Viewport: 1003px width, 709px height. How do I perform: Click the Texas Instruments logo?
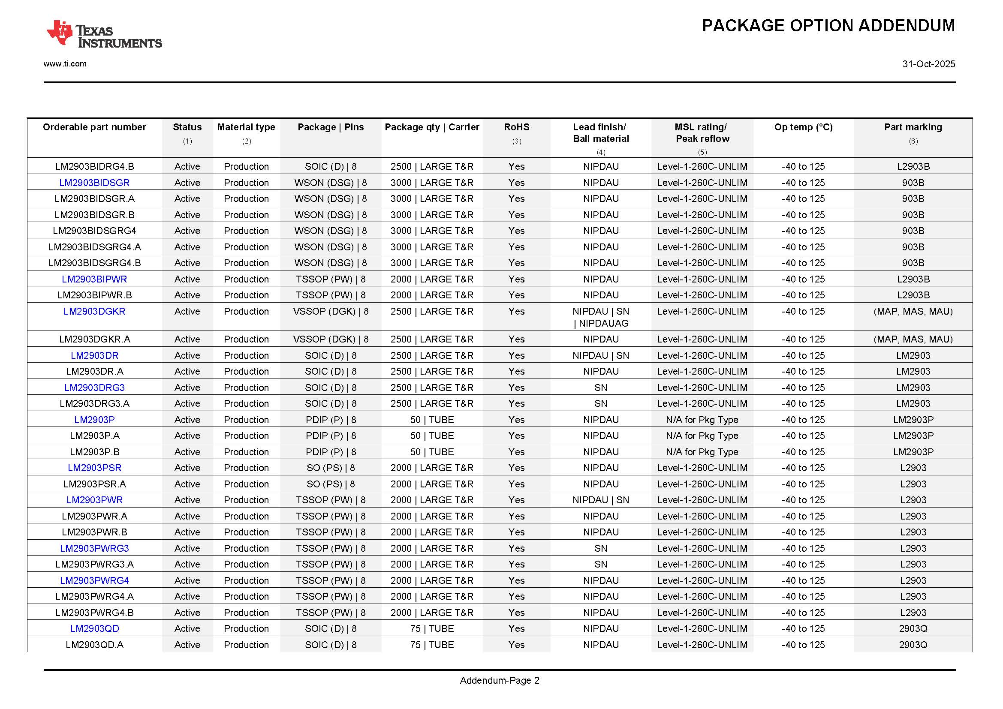tap(104, 34)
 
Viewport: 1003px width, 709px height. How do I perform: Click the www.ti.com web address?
tap(65, 64)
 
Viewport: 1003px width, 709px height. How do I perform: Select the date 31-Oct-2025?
tap(928, 64)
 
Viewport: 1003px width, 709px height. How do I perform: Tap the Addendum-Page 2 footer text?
tap(499, 680)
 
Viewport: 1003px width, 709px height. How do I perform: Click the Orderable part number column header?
tap(94, 127)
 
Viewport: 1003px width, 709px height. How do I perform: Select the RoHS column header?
tap(516, 127)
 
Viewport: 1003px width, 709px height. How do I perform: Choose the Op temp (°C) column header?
tap(803, 127)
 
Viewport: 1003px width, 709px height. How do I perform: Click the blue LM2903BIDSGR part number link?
tap(94, 183)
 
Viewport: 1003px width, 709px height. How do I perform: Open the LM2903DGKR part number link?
tap(94, 311)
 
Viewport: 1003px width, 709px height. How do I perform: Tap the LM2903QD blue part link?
tap(94, 628)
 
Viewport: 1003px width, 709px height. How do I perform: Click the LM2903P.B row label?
tap(94, 452)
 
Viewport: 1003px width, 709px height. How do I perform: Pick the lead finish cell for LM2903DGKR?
tap(601, 317)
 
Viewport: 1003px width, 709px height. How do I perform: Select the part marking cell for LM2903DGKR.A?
tap(913, 339)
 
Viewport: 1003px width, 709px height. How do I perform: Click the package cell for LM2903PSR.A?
tap(331, 484)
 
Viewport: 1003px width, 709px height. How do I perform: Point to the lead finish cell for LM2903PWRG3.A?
tap(601, 564)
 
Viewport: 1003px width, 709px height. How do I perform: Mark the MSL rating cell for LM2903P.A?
tap(702, 436)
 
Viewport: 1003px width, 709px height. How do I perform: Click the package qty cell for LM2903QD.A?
tap(432, 645)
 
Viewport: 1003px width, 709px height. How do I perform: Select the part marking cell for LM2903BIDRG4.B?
tap(913, 166)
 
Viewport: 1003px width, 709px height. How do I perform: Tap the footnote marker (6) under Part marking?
tap(913, 141)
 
